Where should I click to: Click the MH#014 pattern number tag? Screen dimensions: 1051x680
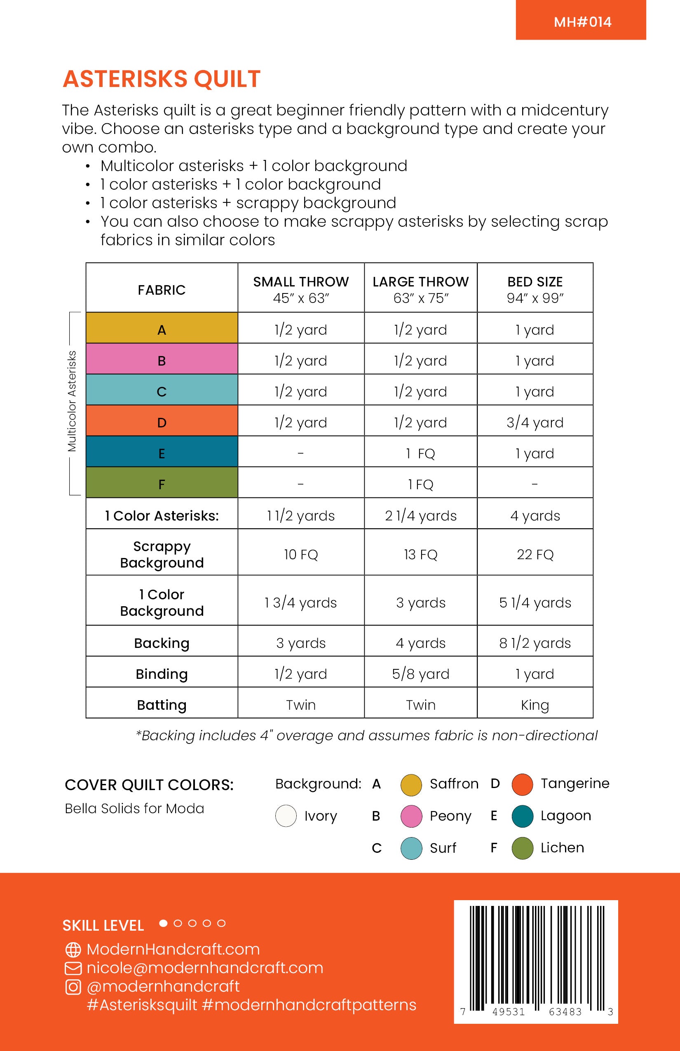pos(582,21)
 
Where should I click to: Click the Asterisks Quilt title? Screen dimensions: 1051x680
pos(162,79)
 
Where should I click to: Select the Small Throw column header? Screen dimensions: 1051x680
pos(301,289)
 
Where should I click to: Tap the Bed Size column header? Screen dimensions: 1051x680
pos(535,289)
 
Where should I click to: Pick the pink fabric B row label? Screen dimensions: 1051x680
pos(162,360)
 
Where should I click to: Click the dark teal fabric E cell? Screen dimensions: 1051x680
pos(162,453)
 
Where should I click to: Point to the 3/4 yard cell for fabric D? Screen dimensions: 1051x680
pos(535,422)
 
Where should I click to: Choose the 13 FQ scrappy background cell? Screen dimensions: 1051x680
pos(420,554)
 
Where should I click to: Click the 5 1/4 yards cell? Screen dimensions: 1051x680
pos(535,602)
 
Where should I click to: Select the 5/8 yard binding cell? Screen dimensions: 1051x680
pos(420,674)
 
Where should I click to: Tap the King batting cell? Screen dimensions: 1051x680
pos(535,705)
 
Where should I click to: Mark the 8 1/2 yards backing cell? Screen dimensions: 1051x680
pos(535,643)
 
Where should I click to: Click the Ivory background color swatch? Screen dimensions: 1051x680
pos(286,816)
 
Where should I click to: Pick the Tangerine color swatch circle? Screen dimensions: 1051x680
pos(522,785)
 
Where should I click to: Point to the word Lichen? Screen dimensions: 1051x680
pos(562,847)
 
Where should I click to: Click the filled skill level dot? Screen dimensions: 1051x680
pos(163,923)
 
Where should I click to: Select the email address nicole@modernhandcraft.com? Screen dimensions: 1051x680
pos(205,968)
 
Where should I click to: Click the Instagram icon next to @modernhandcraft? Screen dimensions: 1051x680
pos(73,987)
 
